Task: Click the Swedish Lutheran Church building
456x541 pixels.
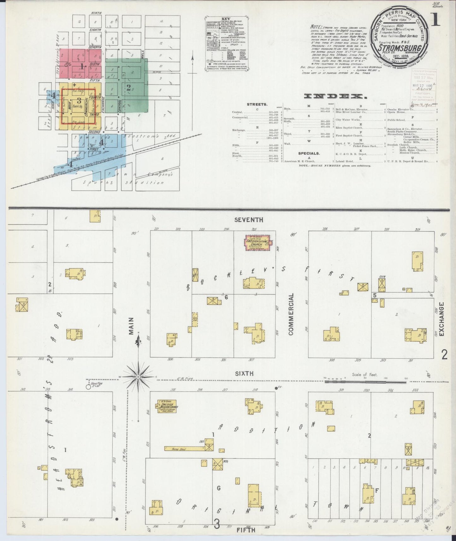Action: [257, 243]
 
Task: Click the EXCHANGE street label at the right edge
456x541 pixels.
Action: [441, 319]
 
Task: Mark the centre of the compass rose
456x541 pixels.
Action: [138, 377]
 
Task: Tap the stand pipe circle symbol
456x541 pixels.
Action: [88, 386]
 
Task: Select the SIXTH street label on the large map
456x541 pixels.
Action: [244, 373]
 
